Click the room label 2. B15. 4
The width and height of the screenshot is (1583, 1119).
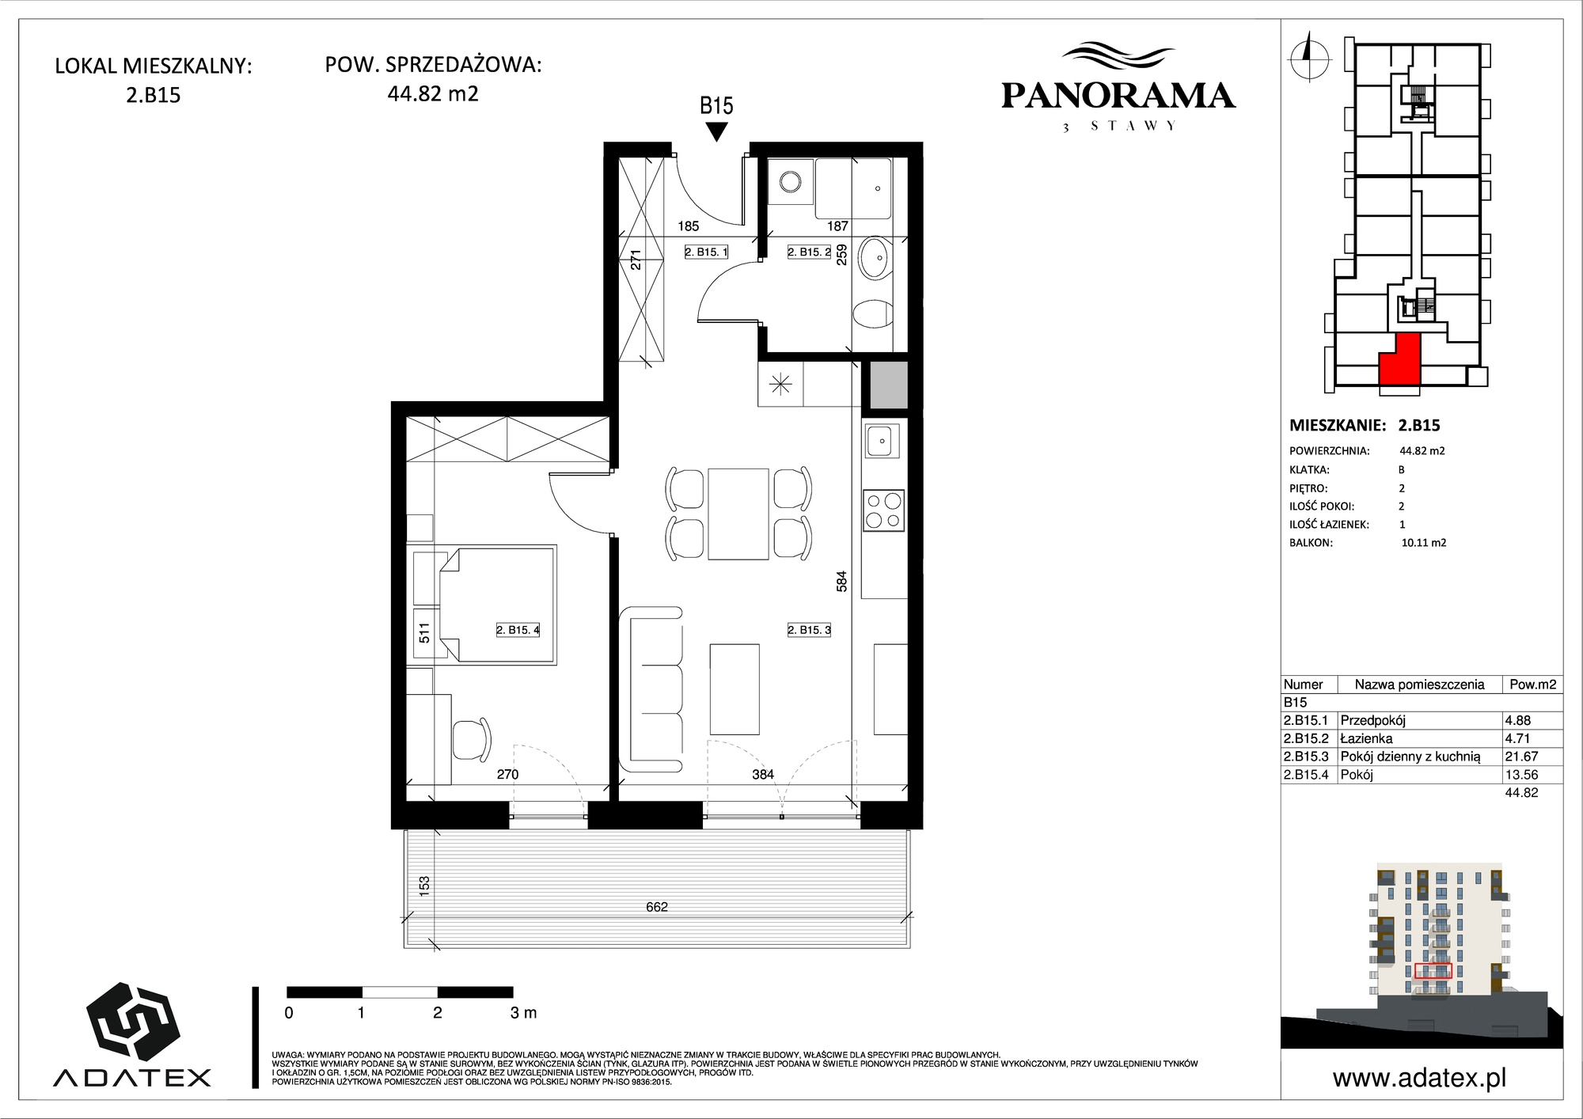518,630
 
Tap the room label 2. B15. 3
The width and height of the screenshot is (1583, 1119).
809,630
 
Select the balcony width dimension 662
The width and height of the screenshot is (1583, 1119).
657,907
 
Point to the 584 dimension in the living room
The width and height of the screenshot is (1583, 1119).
841,582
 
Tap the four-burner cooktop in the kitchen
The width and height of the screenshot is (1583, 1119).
884,510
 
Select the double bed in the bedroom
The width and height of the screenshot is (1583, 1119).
497,605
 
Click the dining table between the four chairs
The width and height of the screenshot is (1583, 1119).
738,514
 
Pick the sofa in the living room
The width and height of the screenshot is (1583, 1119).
651,689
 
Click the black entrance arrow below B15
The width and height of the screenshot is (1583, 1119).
716,132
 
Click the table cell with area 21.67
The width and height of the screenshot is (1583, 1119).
1521,757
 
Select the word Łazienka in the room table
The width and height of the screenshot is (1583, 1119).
1366,738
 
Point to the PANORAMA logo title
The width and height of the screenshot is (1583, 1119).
1118,96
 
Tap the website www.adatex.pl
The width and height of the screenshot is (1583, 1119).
1419,1077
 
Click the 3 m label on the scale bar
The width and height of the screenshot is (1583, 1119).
524,1012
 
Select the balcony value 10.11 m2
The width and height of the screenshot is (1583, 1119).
1423,543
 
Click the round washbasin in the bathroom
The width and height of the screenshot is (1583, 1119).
875,259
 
